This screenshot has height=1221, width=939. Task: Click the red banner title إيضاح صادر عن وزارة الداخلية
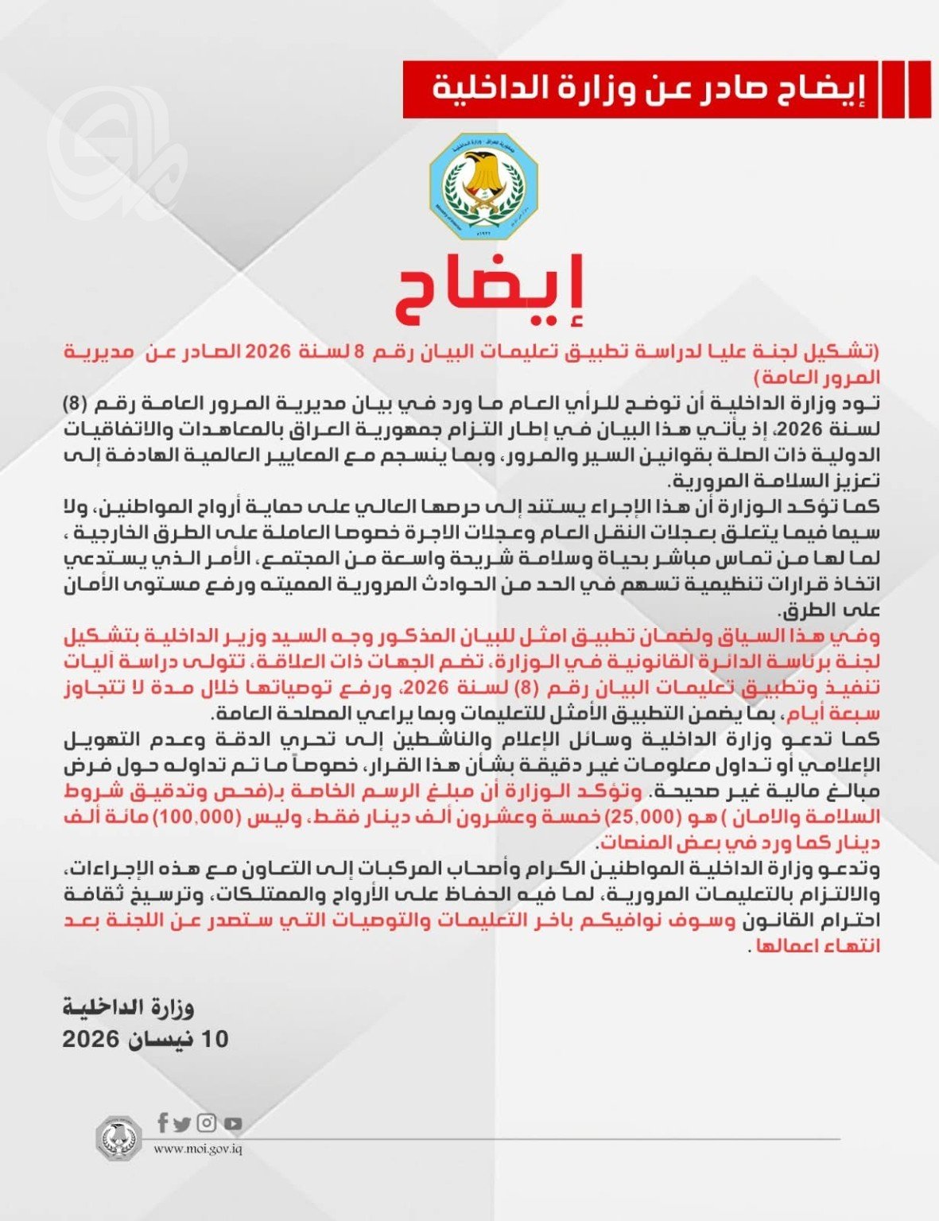click(x=641, y=87)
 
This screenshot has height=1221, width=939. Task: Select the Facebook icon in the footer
click(x=162, y=1122)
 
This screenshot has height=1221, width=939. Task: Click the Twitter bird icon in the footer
click(x=183, y=1124)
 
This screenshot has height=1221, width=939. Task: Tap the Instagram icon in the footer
click(x=207, y=1123)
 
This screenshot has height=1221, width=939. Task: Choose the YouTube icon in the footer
click(x=232, y=1124)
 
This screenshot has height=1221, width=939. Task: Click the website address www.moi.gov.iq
click(x=197, y=1149)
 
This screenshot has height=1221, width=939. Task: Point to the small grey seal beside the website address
click(x=118, y=1137)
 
